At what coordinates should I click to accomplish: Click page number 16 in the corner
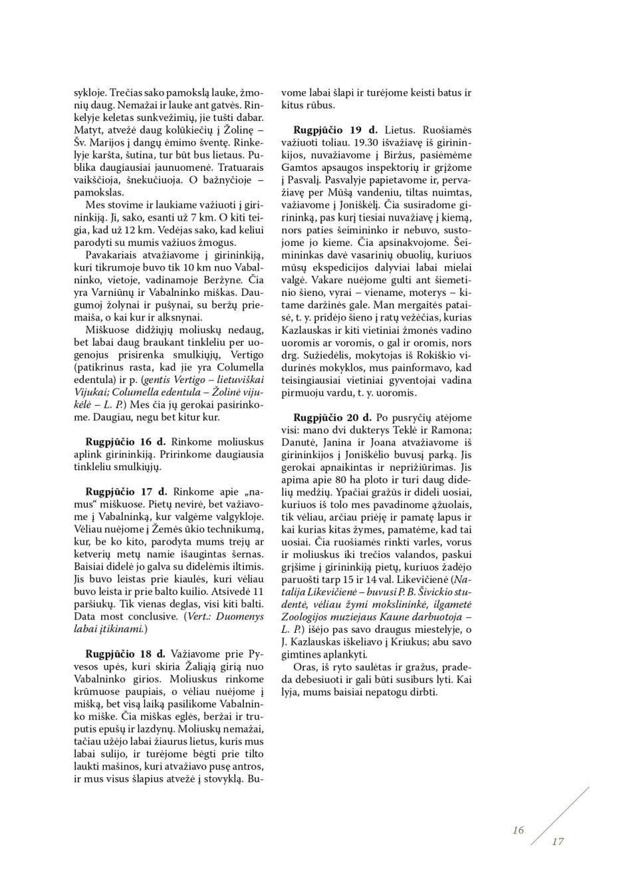[518, 830]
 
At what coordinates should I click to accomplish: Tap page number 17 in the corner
[558, 841]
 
